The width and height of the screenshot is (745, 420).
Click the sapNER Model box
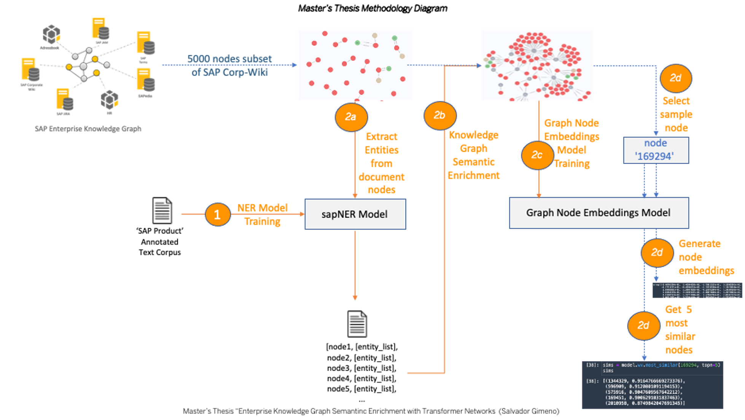355,214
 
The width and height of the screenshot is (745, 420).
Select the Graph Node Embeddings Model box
599,213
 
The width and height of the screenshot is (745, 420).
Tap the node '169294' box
656,150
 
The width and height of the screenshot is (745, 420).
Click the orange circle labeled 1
217,215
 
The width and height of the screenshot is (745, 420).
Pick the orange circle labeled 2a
351,117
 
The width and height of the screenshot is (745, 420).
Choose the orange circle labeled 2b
439,115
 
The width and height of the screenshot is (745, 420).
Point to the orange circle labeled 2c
537,155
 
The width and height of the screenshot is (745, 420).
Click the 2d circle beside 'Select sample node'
675,78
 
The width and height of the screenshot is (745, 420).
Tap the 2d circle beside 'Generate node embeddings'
657,253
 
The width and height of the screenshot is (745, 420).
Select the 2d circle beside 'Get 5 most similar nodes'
643,326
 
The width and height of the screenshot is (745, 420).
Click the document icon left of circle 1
162,210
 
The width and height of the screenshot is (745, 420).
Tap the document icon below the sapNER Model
357,324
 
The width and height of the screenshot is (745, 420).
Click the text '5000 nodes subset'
229,59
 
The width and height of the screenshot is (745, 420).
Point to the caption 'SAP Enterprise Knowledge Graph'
88,129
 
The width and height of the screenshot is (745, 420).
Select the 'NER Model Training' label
263,215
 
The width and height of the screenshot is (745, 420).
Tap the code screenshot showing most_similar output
652,385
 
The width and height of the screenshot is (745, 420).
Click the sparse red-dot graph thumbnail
355,65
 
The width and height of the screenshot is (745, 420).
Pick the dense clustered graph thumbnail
537,65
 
